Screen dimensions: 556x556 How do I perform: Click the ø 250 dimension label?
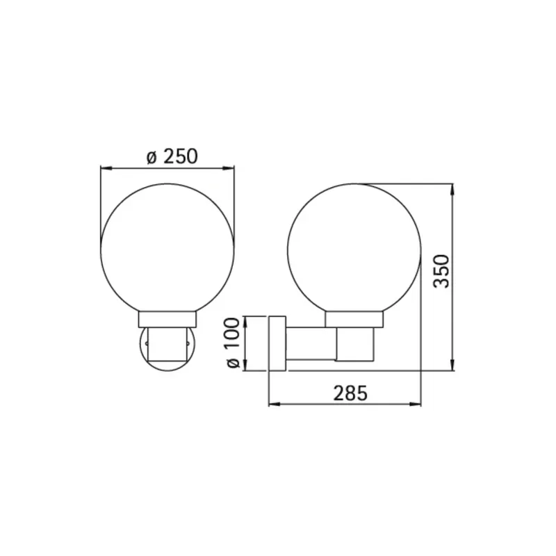172,156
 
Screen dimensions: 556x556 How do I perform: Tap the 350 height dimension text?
442,271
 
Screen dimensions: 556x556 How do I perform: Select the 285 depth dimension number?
350,393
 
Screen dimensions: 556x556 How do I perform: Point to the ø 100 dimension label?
233,343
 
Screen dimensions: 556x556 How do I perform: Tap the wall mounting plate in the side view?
277,343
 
